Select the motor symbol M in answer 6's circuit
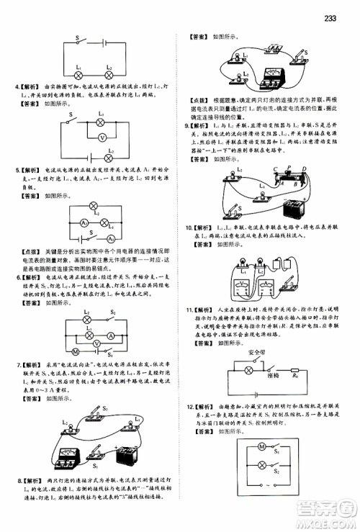(76, 351)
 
